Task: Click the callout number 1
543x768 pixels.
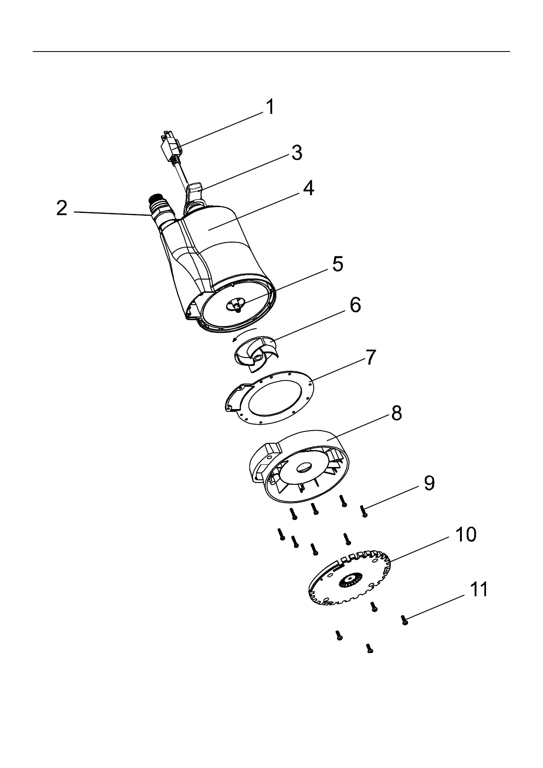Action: click(270, 107)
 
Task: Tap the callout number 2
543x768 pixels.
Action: click(62, 208)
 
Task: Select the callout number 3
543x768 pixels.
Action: click(296, 153)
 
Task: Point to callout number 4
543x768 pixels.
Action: click(309, 188)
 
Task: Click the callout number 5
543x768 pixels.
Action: click(337, 264)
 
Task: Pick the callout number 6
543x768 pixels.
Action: click(355, 305)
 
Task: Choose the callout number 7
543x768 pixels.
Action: click(370, 358)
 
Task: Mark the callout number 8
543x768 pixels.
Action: click(396, 413)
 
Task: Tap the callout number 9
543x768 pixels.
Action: click(429, 483)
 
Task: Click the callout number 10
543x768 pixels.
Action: click(465, 534)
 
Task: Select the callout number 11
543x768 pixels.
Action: click(479, 590)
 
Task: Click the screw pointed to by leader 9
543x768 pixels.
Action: click(364, 511)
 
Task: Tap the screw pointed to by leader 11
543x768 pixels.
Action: click(404, 620)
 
